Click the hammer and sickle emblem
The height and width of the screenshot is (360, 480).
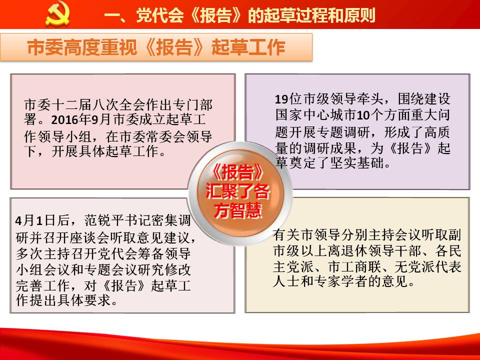57,13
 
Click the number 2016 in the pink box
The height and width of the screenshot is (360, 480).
64,120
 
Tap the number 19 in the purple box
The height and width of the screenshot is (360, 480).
281,99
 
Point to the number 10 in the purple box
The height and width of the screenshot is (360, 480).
363,115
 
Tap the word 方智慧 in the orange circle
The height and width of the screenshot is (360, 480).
238,210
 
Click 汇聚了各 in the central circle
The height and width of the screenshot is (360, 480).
238,191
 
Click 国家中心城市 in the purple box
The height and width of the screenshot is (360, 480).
315,115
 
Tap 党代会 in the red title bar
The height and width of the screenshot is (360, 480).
160,15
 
